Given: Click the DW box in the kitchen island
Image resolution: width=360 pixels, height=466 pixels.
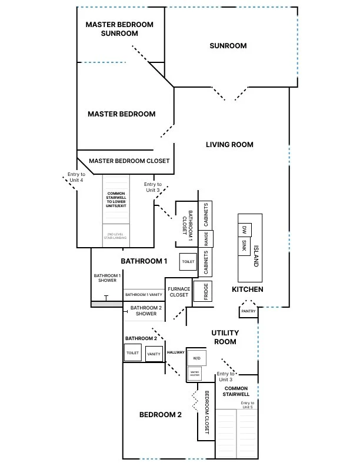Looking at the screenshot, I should coord(244,229).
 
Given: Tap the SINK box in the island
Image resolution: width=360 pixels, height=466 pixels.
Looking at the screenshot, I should coord(244,246).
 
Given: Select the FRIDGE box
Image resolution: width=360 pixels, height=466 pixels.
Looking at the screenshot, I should coord(205,292).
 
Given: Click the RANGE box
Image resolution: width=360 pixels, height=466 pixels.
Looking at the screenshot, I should coord(206,238).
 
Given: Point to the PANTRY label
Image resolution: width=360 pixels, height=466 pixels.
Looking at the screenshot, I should coord(248,312).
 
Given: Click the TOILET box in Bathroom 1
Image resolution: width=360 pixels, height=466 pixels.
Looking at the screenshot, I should coord(188,261).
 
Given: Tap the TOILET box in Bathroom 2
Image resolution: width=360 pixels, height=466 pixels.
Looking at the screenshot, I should coord(132,354).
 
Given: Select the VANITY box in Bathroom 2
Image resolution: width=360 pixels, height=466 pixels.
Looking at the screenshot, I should coord(154,354).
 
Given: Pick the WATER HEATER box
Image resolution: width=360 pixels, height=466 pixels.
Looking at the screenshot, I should coord(195,373).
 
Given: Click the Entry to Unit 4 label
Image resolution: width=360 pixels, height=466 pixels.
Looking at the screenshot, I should coord(76,177).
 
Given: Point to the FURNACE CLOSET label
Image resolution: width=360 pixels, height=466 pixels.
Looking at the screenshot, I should coord(179,292).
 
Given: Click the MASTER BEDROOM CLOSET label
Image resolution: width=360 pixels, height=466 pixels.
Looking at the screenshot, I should coord(129,161).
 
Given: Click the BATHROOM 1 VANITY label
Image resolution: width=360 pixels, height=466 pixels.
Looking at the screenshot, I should coord(143,294).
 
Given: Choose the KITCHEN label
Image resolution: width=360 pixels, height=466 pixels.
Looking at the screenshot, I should coord(247,289).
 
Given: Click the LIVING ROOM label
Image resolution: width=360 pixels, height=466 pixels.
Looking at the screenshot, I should coord(229,145).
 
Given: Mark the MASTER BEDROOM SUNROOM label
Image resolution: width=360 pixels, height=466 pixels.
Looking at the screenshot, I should coord(119,29).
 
